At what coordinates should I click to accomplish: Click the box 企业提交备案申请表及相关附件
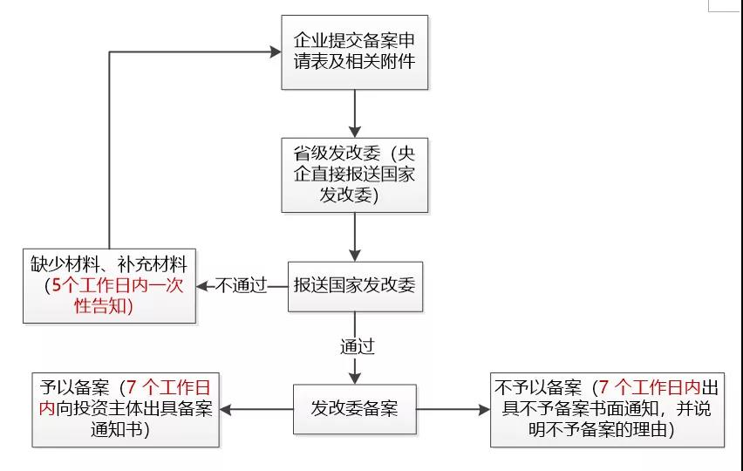coord(354,51)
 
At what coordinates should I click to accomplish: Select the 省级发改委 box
coord(354,174)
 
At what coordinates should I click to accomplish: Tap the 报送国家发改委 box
coord(354,285)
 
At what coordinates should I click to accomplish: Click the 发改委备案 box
coord(354,407)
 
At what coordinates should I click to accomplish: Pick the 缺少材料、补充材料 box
coord(110,285)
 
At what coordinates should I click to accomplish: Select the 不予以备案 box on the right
coord(607,408)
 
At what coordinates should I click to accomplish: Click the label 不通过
coord(240,286)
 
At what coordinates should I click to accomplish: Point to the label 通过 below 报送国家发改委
coord(357,346)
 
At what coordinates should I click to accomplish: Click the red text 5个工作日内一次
coord(115,285)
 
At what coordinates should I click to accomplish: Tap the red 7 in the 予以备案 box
coord(132,387)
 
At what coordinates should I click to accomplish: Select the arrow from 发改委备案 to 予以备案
coord(257,408)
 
